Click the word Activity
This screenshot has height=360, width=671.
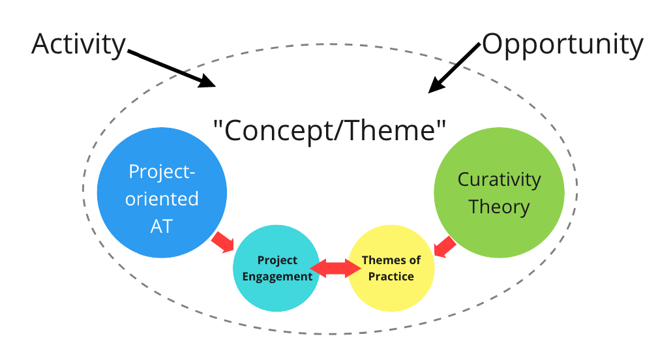[x=78, y=44]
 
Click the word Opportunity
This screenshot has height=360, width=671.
[x=562, y=44]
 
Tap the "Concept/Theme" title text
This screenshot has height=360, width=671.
[x=330, y=130]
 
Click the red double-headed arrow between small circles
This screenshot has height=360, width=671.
[x=335, y=268]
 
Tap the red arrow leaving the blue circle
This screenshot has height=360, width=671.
[x=222, y=242]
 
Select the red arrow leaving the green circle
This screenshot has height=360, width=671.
[x=445, y=247]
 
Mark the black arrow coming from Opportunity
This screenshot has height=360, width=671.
[x=456, y=68]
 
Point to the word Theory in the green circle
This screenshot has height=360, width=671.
[x=499, y=207]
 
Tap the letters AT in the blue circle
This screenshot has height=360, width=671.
[x=162, y=225]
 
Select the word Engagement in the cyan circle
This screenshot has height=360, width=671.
[x=277, y=276]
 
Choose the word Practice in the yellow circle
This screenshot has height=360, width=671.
[x=391, y=276]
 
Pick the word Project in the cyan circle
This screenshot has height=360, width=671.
[x=277, y=260]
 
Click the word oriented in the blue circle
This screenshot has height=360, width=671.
[x=162, y=198]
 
